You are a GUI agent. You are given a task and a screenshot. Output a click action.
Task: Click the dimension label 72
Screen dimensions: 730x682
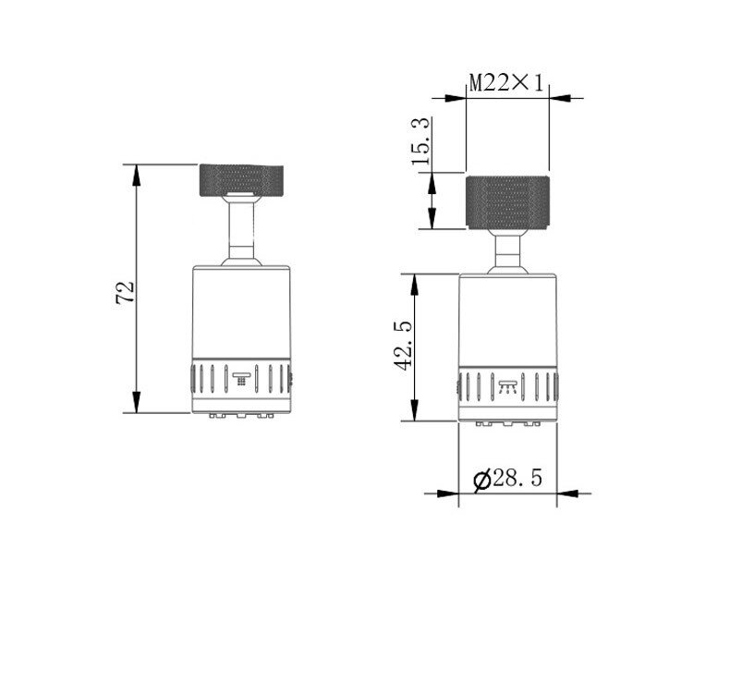pyautogui.click(x=126, y=292)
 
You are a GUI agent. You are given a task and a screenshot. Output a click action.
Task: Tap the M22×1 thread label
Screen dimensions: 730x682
pyautogui.click(x=506, y=83)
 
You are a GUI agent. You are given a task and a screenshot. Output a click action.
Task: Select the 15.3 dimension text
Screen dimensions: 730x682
pyautogui.click(x=420, y=141)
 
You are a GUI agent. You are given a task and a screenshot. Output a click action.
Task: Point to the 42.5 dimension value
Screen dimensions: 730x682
pyautogui.click(x=403, y=345)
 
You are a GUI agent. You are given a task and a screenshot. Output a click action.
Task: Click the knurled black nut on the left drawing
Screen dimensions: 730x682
pyautogui.click(x=241, y=180)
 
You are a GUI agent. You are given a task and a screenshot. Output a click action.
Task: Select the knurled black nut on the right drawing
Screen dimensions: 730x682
pyautogui.click(x=507, y=202)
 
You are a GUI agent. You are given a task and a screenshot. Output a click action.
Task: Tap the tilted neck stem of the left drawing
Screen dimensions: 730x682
pyautogui.click(x=241, y=230)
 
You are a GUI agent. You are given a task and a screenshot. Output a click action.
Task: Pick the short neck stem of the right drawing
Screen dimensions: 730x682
pyautogui.click(x=507, y=250)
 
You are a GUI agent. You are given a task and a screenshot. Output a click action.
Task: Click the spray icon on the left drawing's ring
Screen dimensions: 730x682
pyautogui.click(x=241, y=379)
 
